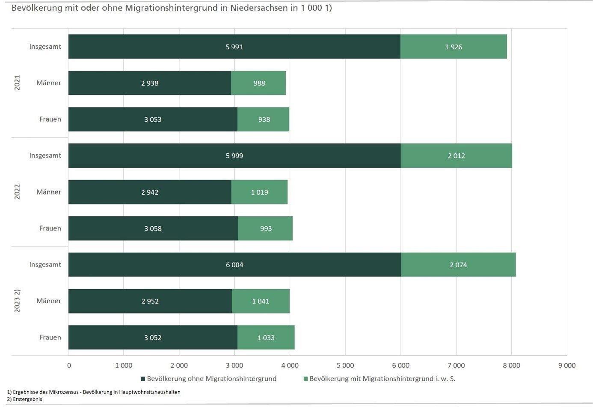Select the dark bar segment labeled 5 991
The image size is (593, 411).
tap(234, 47)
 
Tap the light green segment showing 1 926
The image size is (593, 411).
tap(454, 47)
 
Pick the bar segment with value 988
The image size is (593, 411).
tap(258, 83)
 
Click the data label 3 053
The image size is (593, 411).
tap(153, 120)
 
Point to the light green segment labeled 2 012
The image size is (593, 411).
tap(456, 156)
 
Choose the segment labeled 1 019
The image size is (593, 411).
tap(259, 192)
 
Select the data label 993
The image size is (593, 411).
tap(266, 229)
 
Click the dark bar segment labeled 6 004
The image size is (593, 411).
tap(234, 265)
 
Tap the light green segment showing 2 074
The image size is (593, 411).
tap(458, 265)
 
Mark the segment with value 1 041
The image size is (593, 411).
tap(261, 301)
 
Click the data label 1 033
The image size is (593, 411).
tap(266, 338)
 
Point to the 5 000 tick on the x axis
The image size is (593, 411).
tap(345, 365)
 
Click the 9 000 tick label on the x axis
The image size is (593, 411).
tap(566, 365)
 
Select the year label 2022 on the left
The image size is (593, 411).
tap(17, 192)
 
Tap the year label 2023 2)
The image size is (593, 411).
tap(17, 301)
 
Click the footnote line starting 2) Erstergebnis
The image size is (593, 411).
tap(25, 399)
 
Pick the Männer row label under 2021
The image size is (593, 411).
tap(48, 83)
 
